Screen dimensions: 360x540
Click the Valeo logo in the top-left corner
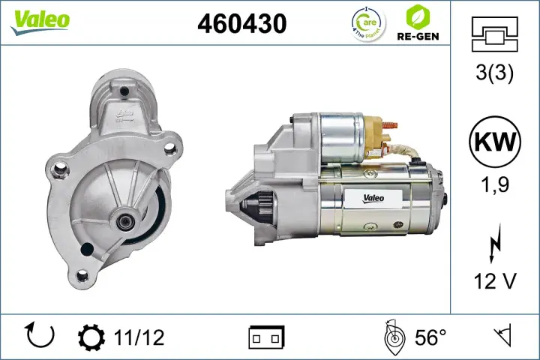coord(40,20)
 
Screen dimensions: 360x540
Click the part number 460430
coord(241,24)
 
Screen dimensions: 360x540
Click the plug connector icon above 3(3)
coord(493,34)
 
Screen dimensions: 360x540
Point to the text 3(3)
coord(494,75)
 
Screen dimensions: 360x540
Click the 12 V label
coord(494,280)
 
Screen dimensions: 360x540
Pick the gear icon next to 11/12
coord(91,337)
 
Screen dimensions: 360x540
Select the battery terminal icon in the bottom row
coord(266,337)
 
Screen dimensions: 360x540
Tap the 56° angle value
coord(430,337)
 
